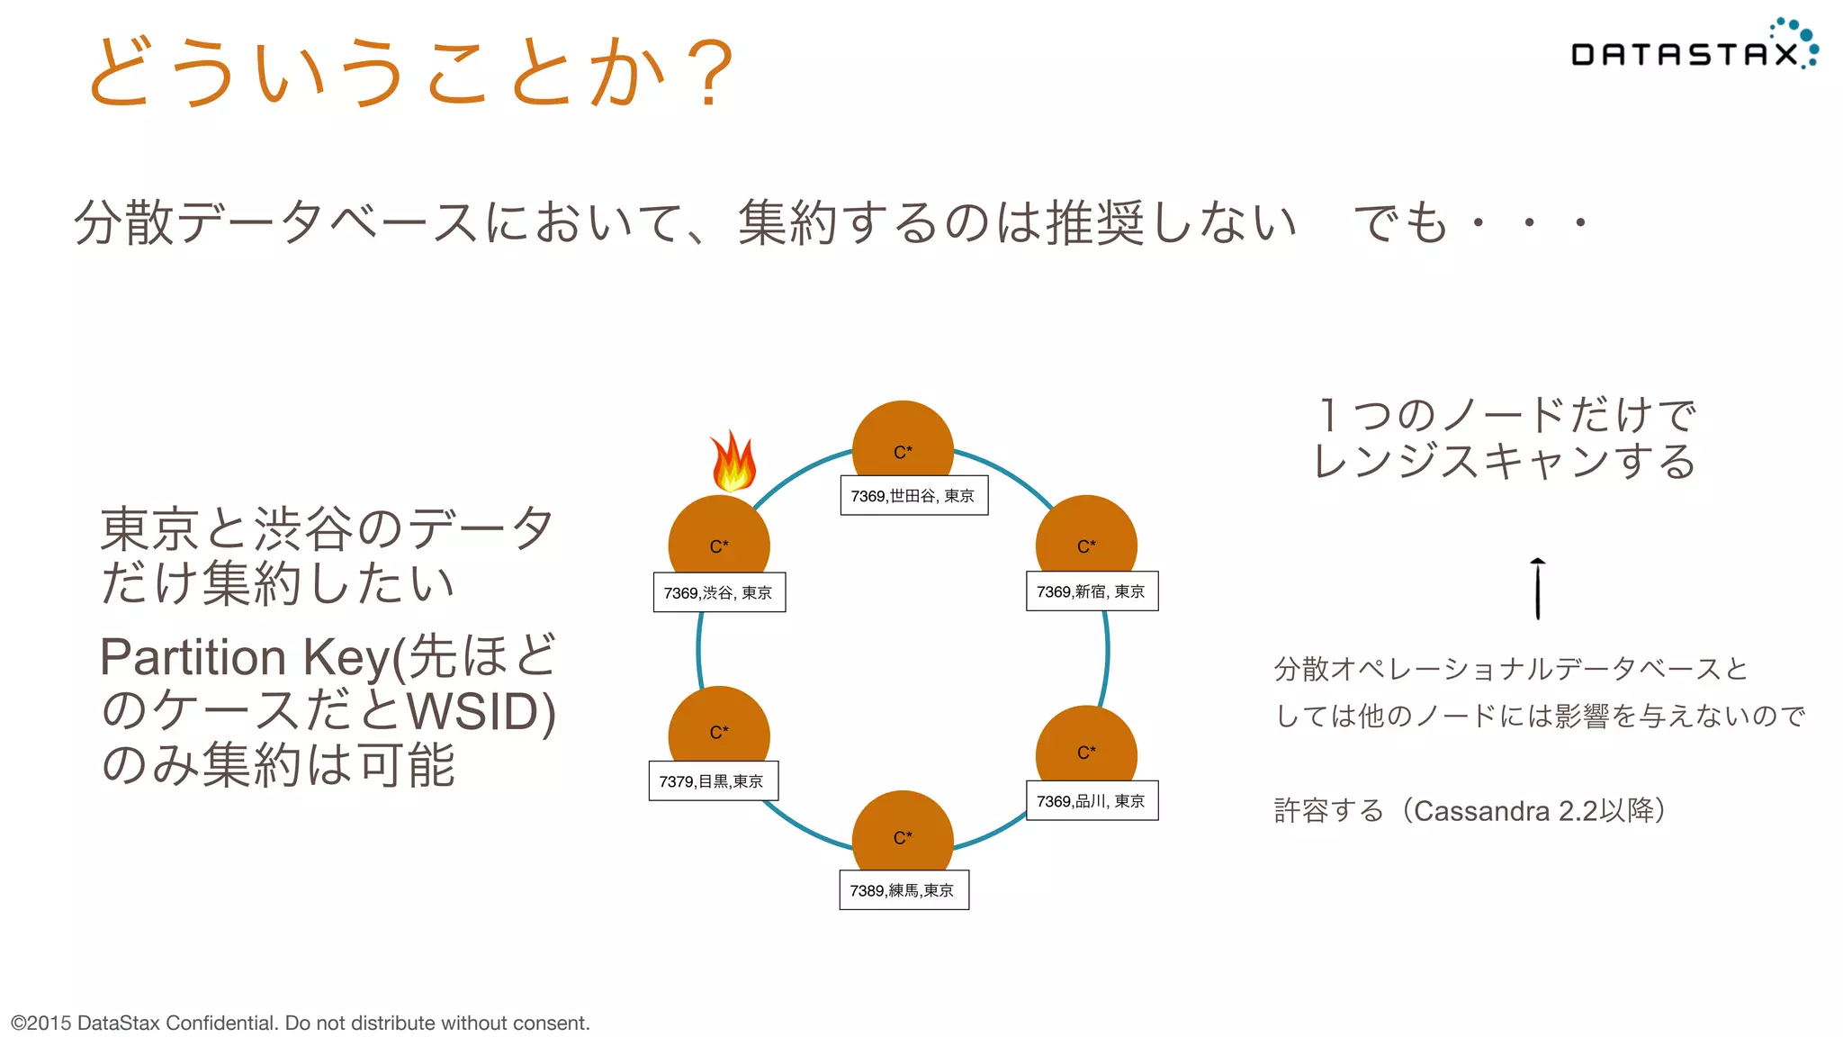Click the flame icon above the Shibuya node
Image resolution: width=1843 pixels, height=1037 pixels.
click(733, 461)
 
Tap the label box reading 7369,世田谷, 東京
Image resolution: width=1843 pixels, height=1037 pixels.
click(913, 496)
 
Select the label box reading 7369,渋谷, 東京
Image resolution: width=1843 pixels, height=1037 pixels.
click(719, 592)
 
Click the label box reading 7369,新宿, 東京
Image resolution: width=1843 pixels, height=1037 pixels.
click(1092, 591)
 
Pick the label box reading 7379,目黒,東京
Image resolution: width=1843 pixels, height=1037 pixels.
click(713, 780)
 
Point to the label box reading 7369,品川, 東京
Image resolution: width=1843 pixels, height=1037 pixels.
click(1092, 800)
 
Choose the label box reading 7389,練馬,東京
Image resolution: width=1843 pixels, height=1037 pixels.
click(904, 889)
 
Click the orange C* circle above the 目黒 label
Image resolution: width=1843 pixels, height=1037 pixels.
click(718, 726)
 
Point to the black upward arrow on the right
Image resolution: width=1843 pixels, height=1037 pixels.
click(1538, 589)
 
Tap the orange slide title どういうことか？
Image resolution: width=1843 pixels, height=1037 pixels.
click(410, 72)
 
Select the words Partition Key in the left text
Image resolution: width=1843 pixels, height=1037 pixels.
click(243, 656)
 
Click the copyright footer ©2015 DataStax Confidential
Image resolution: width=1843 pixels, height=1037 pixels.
click(300, 1023)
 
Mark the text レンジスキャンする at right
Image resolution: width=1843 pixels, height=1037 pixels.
click(1504, 462)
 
